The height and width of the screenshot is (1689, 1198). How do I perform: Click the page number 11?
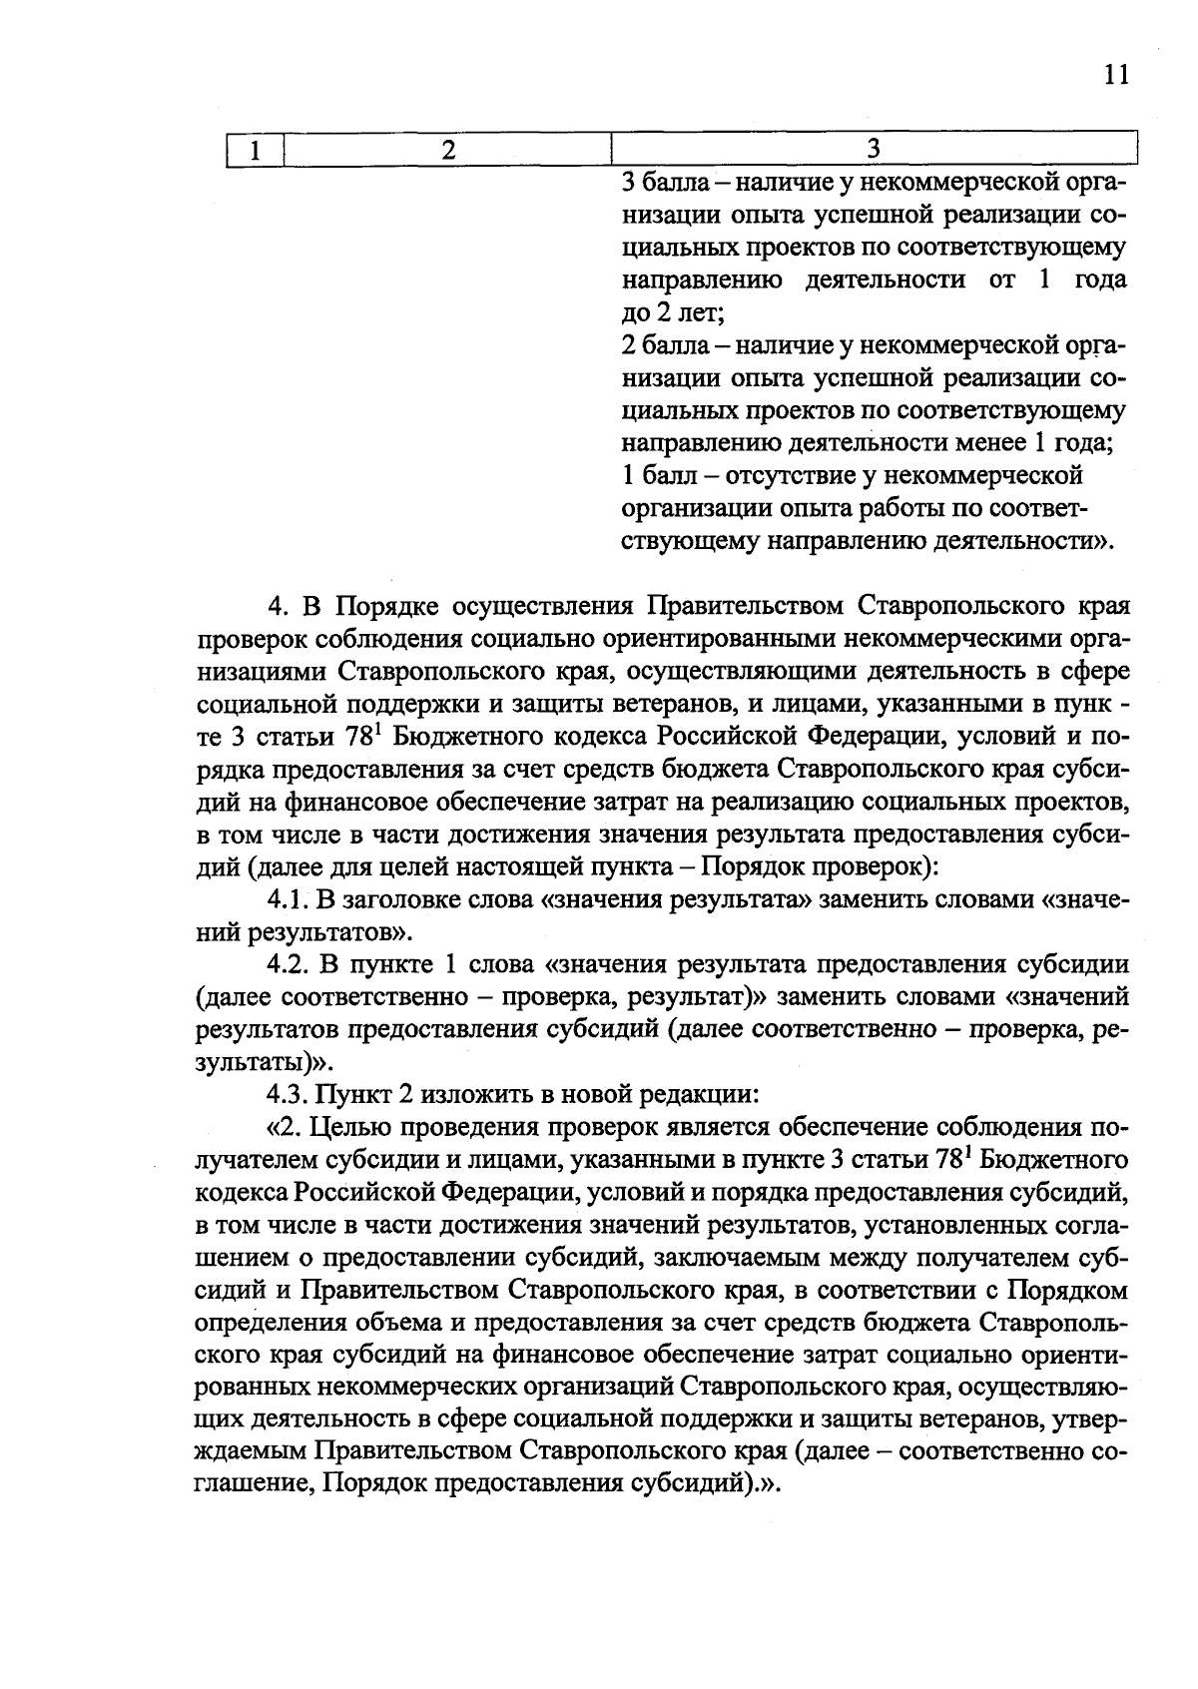coord(1116,75)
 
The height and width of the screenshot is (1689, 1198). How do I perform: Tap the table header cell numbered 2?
coord(448,150)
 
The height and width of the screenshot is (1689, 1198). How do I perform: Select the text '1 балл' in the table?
coord(654,475)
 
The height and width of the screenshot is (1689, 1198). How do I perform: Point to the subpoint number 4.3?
coord(290,1094)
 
